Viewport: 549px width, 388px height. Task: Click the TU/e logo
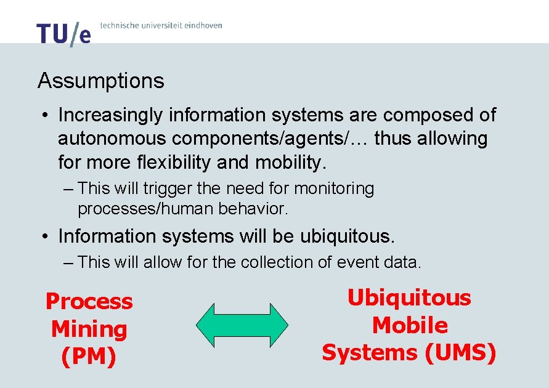pyautogui.click(x=63, y=34)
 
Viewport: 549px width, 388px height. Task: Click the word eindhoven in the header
pyautogui.click(x=200, y=25)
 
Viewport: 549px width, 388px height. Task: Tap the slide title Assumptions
pyautogui.click(x=101, y=81)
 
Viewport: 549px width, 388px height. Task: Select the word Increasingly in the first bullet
pyautogui.click(x=110, y=115)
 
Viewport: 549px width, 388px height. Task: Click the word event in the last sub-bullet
pyautogui.click(x=358, y=262)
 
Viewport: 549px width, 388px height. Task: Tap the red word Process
pyautogui.click(x=89, y=302)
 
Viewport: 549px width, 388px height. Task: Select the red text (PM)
pyautogui.click(x=89, y=357)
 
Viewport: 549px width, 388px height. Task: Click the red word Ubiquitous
pyautogui.click(x=409, y=298)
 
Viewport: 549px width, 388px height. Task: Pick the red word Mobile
pyautogui.click(x=410, y=325)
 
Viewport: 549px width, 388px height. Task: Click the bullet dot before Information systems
pyautogui.click(x=46, y=236)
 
